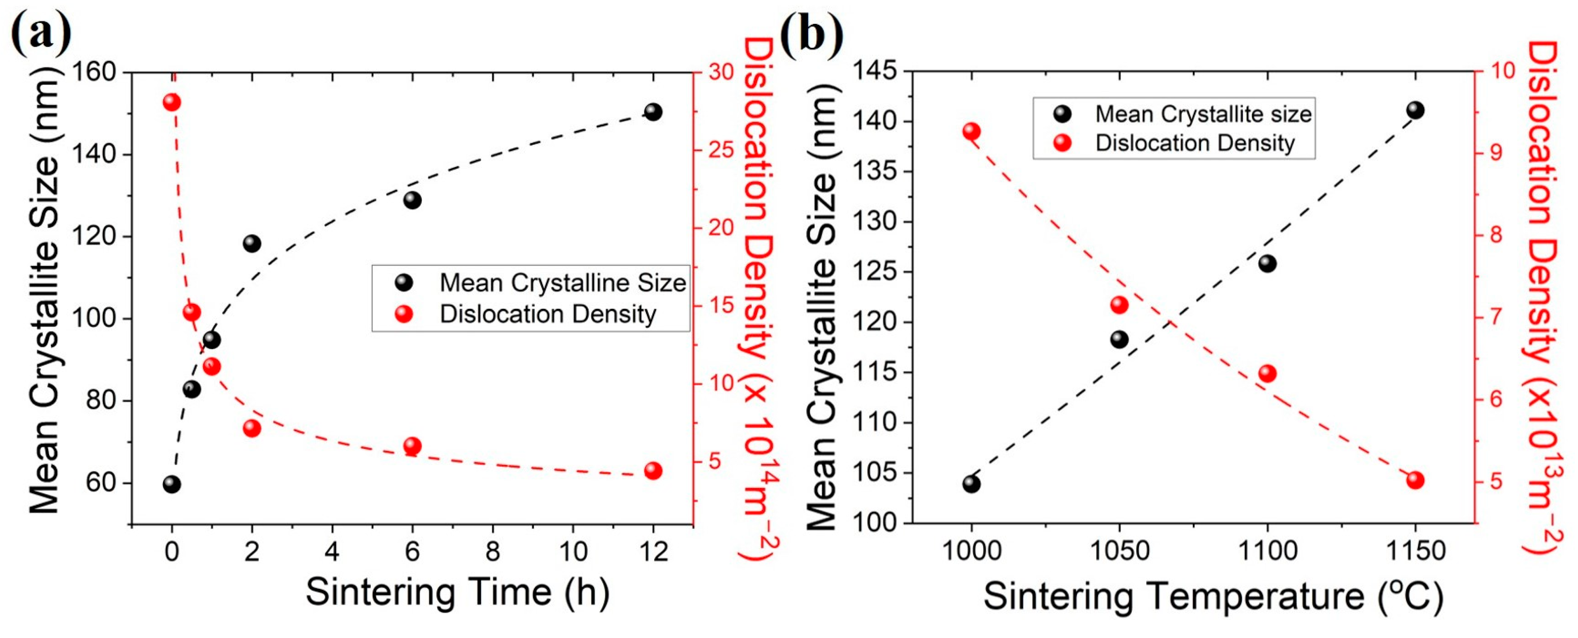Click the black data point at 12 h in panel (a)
653,112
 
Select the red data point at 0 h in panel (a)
172,102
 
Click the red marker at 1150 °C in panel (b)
1415,480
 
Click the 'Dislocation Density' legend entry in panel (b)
1195,143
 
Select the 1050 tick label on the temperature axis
1119,551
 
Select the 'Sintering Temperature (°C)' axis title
1213,596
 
